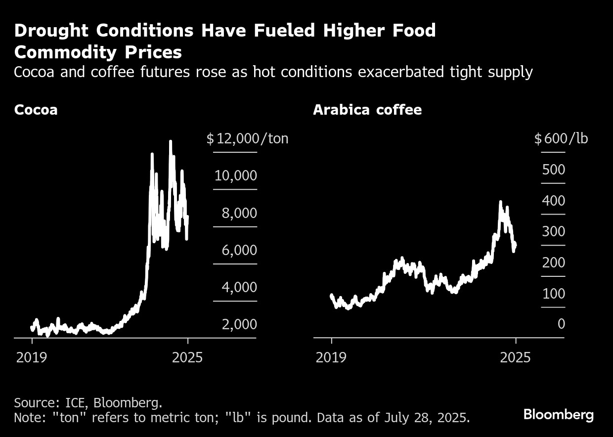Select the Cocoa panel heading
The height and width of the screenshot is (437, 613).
[36, 110]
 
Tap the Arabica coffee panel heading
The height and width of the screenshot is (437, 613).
[367, 110]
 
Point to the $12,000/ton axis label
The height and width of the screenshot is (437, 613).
[247, 138]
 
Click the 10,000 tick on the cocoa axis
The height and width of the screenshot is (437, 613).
[236, 175]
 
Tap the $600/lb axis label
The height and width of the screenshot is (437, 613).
[562, 138]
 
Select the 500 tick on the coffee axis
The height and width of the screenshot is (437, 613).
[553, 170]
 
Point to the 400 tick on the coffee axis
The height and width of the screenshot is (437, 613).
[553, 201]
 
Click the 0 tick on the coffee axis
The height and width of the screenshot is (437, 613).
[561, 324]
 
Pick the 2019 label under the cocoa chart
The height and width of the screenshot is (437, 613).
[32, 357]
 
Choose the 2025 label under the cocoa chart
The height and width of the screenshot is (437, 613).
[187, 357]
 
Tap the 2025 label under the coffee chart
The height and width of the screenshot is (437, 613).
[515, 357]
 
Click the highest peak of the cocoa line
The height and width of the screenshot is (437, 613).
[171, 142]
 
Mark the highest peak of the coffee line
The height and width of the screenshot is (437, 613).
[500, 202]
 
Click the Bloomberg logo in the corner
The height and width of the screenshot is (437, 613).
[558, 414]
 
